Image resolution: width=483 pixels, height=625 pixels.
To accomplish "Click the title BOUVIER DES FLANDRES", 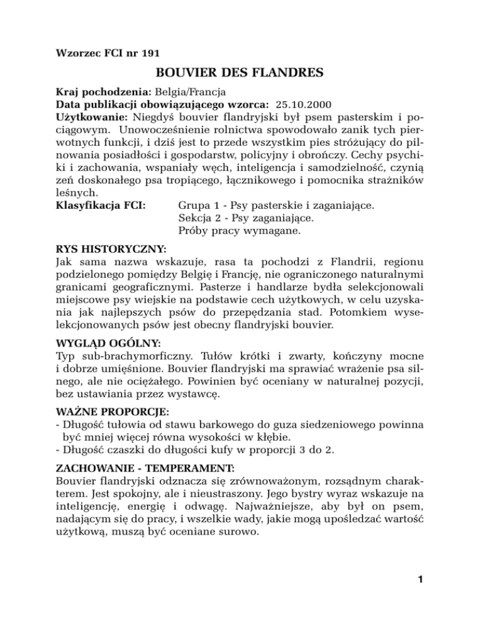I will pyautogui.click(x=241, y=74).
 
